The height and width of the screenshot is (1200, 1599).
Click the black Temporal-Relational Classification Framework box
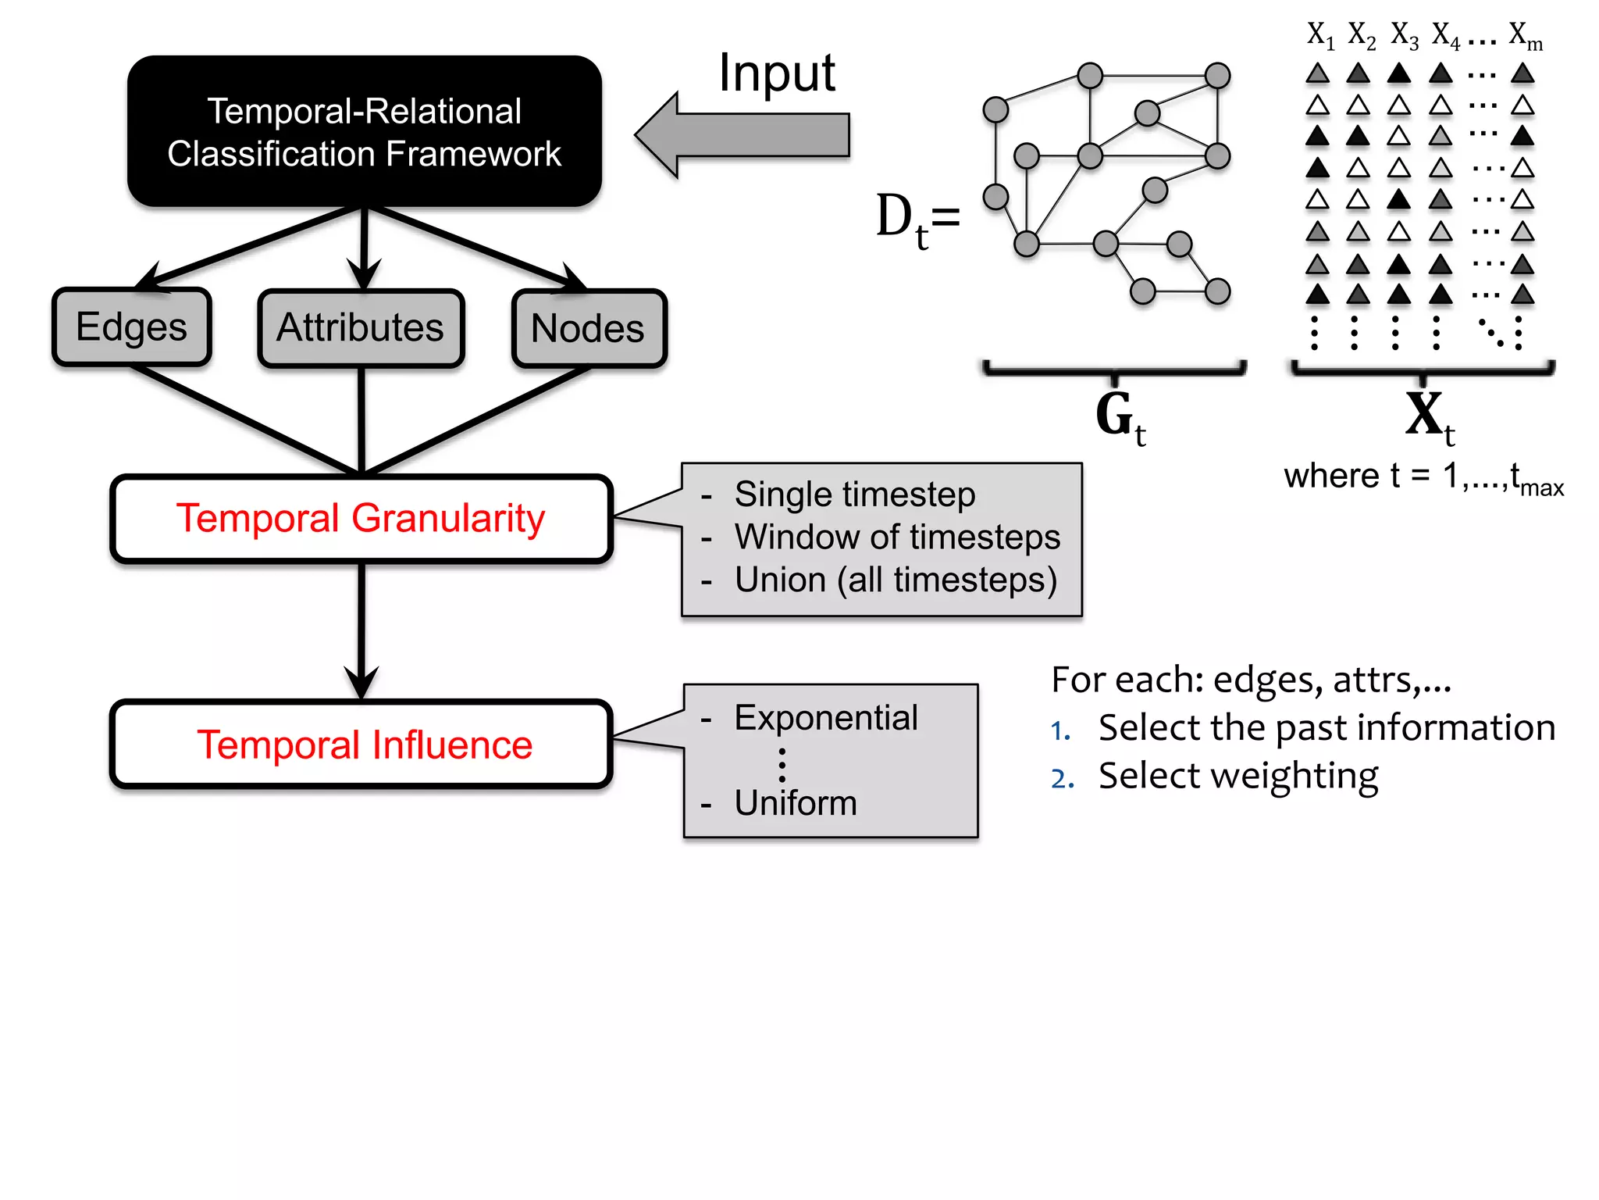pyautogui.click(x=364, y=131)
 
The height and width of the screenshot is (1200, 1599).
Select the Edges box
pyautogui.click(x=131, y=327)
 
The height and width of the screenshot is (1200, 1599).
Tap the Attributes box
pyautogui.click(x=361, y=327)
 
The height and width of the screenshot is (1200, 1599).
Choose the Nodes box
pyautogui.click(x=589, y=328)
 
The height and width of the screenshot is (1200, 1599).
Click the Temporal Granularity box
pyautogui.click(x=361, y=519)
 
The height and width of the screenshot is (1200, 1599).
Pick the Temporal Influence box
pyautogui.click(x=361, y=744)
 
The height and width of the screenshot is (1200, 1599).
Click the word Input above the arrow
pyautogui.click(x=776, y=73)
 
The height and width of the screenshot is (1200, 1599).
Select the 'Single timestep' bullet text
pyautogui.click(x=854, y=495)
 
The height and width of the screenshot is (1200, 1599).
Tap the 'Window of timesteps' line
pyautogui.click(x=896, y=537)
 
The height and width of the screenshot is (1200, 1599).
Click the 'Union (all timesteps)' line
pyautogui.click(x=895, y=580)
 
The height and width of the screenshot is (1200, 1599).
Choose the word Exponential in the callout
pyautogui.click(x=825, y=717)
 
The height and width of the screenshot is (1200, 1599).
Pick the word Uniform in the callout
pyautogui.click(x=795, y=803)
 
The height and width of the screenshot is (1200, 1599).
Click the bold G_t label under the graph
pyautogui.click(x=1118, y=417)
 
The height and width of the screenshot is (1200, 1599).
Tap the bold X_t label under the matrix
pyautogui.click(x=1428, y=417)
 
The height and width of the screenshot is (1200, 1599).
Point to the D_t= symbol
pyautogui.click(x=917, y=219)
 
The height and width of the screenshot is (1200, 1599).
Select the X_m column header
pyautogui.click(x=1524, y=35)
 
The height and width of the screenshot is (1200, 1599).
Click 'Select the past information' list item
pyautogui.click(x=1326, y=727)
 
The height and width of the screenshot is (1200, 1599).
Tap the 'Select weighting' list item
pyautogui.click(x=1238, y=776)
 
